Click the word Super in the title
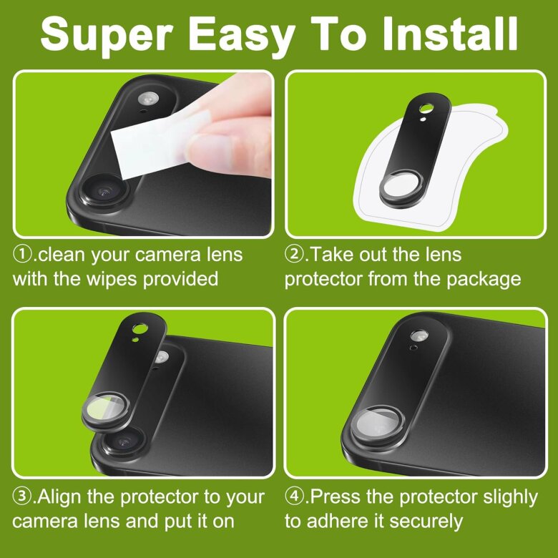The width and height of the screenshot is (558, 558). point(107,35)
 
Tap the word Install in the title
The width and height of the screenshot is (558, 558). point(450,33)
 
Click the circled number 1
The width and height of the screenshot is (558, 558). point(22,254)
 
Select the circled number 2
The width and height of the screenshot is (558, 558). point(294,254)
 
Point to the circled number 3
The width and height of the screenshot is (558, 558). point(22,496)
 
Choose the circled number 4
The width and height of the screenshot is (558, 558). point(294,496)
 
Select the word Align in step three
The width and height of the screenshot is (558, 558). point(59,496)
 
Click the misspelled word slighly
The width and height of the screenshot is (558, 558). point(510,497)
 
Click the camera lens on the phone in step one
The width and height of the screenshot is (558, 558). point(104,192)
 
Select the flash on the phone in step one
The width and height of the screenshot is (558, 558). point(148,99)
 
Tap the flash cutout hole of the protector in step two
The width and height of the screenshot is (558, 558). point(426,108)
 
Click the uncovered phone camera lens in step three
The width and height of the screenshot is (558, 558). point(123,442)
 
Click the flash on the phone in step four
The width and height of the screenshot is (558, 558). point(418,336)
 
